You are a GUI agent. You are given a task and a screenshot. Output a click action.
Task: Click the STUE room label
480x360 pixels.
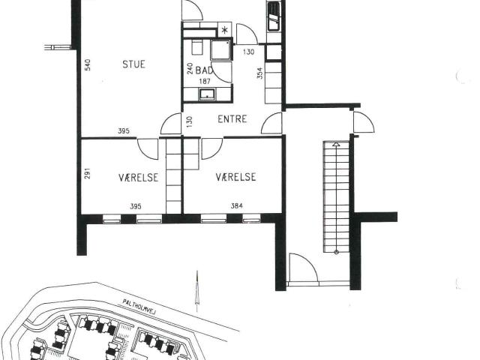[x=133, y=64]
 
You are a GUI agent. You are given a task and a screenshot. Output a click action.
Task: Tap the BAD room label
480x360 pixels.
[x=204, y=70]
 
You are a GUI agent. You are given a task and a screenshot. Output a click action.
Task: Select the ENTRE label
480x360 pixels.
[x=232, y=118]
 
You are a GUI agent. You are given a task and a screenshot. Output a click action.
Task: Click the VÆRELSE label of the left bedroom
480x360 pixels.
[x=138, y=178]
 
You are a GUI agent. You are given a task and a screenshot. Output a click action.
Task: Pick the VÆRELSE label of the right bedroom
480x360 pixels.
[x=235, y=177]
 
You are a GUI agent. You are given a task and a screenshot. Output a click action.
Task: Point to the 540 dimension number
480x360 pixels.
[x=88, y=65]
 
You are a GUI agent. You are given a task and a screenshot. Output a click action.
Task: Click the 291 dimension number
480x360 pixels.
[x=88, y=173]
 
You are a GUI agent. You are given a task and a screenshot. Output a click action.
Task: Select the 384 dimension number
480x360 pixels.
[x=237, y=205]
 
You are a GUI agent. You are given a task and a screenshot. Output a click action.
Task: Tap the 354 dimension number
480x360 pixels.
[x=259, y=73]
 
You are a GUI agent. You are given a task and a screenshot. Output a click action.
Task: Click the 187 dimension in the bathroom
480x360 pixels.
[x=205, y=82]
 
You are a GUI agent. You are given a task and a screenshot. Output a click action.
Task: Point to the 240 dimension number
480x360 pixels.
[x=190, y=68]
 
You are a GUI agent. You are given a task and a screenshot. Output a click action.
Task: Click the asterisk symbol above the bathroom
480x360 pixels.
[x=225, y=30]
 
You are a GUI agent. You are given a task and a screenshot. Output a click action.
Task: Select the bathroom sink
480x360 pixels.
[x=208, y=94]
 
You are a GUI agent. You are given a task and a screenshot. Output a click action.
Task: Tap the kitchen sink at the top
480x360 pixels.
[x=274, y=16]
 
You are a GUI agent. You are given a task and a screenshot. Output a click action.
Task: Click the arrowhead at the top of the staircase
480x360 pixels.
[x=336, y=143]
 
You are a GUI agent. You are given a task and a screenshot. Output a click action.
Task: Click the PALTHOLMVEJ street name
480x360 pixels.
[x=139, y=307]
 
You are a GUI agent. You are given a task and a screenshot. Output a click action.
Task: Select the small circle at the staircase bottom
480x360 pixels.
[x=337, y=252]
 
